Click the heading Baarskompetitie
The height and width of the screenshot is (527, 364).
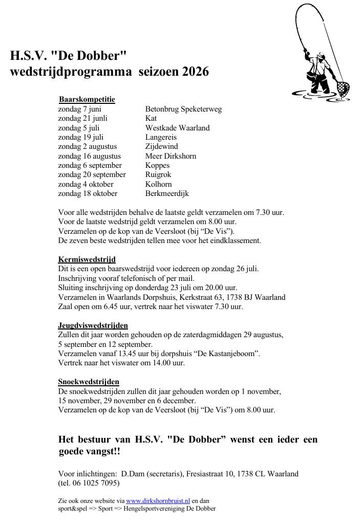tap(87, 99)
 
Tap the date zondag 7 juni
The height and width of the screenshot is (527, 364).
tap(80, 109)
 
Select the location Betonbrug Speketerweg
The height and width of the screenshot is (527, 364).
tap(183, 109)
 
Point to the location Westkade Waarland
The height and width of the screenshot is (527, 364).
tap(177, 128)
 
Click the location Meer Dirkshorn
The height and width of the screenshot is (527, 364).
tap(170, 156)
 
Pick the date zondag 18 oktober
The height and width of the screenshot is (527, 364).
tap(88, 193)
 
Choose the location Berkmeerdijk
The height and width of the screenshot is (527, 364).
tap(167, 193)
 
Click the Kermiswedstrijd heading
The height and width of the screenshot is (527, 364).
tap(87, 259)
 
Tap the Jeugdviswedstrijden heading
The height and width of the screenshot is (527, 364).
tap(93, 325)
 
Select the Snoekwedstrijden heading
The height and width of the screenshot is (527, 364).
tap(89, 382)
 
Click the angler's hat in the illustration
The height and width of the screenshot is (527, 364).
tap(320, 54)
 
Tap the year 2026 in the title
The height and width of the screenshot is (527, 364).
tap(195, 72)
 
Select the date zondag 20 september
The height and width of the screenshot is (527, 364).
tap(90, 175)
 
